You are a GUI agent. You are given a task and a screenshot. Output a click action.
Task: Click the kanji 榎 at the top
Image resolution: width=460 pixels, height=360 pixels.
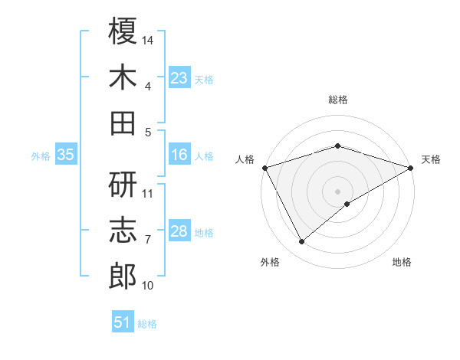(123, 31)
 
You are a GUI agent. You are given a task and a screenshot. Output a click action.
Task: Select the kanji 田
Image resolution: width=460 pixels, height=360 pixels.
(123, 123)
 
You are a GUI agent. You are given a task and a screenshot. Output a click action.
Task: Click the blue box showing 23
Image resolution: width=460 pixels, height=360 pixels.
(179, 78)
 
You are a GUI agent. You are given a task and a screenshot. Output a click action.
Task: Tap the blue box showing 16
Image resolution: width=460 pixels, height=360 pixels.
(179, 155)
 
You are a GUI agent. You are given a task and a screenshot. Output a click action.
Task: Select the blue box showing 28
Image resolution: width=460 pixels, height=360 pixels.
(179, 232)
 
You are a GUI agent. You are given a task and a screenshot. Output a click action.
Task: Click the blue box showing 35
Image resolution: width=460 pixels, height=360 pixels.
(65, 155)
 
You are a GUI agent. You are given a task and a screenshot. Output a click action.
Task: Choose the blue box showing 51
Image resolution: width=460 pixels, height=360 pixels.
(123, 322)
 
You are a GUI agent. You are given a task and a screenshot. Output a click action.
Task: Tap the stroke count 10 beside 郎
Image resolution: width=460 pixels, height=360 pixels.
(148, 286)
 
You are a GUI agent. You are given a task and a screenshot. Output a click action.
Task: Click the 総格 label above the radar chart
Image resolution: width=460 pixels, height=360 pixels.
(338, 100)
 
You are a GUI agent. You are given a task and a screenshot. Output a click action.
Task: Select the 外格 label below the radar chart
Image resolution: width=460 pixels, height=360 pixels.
(270, 263)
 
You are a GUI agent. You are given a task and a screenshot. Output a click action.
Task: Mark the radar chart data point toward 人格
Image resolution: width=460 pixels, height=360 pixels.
(264, 167)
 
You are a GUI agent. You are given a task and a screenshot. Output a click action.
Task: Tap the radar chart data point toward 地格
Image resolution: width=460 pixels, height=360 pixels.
(347, 204)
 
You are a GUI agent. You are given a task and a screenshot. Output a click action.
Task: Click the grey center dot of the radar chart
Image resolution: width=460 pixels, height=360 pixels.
(338, 191)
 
